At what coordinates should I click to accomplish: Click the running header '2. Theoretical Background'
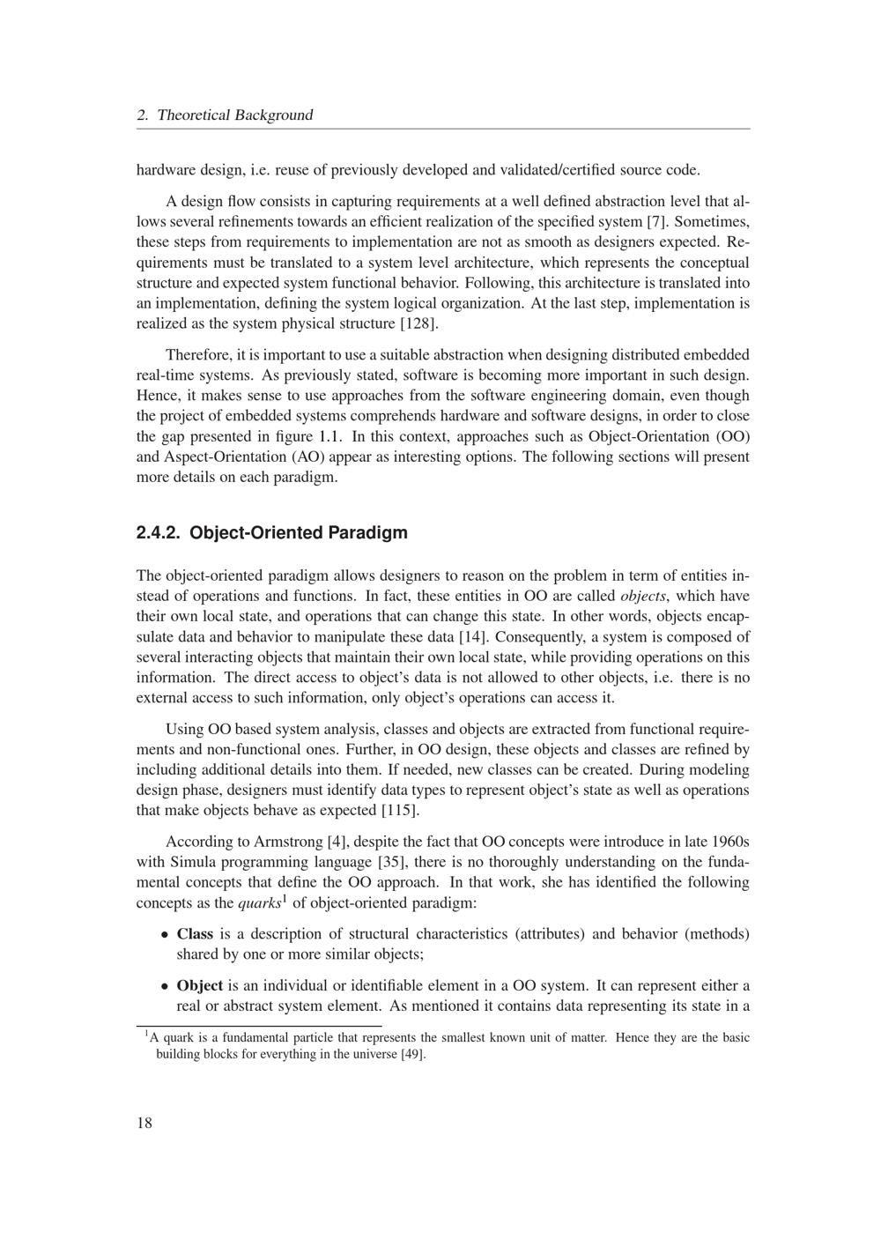[x=225, y=115]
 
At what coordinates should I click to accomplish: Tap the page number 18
[x=144, y=1122]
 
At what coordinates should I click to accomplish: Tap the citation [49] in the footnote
[x=413, y=1055]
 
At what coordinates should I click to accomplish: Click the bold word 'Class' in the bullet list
[x=195, y=934]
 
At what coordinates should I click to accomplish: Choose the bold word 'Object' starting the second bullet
[x=199, y=986]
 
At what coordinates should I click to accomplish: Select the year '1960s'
[x=729, y=842]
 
